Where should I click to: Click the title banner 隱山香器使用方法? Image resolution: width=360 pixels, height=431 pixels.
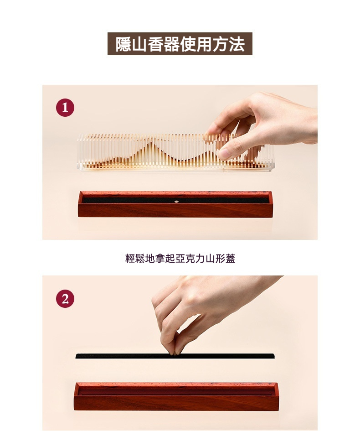coord(180,44)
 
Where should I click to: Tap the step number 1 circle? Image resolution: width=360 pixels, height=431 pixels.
coord(65,108)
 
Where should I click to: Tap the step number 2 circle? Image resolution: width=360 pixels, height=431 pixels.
coord(65,299)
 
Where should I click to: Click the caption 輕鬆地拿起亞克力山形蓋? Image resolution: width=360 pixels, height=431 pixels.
coord(180,259)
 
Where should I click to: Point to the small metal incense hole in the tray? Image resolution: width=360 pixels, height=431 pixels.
coord(176,202)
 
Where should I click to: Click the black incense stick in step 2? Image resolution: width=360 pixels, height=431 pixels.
coord(175,356)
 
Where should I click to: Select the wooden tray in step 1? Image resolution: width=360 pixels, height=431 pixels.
coord(175,204)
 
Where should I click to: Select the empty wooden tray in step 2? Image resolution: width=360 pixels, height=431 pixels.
coord(176,396)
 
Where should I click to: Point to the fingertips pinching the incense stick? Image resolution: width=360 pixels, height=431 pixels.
coord(175,351)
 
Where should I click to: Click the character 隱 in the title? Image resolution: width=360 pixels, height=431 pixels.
coord(123,44)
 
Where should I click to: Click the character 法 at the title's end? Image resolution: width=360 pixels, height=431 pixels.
coord(237,44)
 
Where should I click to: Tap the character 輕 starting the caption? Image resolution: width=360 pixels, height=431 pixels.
coord(130,259)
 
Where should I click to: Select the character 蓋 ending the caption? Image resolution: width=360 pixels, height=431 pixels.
coord(231,259)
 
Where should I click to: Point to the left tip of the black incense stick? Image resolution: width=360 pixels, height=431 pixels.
coord(76,357)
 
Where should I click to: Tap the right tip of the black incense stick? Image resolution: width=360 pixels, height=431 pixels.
coord(274,356)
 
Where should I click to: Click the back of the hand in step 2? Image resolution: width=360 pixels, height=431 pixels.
coord(209,298)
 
